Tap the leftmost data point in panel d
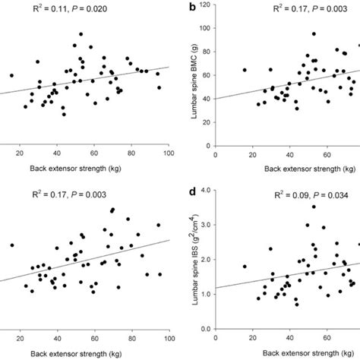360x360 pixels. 244,267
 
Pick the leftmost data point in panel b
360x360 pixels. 244,70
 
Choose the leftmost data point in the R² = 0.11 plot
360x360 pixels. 11,75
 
